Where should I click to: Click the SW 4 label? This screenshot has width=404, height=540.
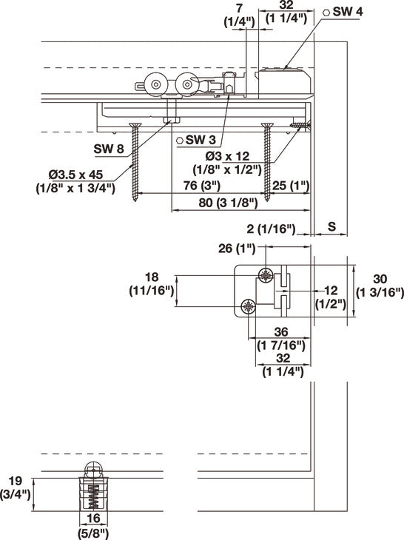(x=346, y=13)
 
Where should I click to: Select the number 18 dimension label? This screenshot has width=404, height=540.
(x=152, y=277)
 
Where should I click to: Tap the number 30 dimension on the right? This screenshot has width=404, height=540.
(x=380, y=278)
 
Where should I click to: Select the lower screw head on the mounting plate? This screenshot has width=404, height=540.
(x=249, y=306)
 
